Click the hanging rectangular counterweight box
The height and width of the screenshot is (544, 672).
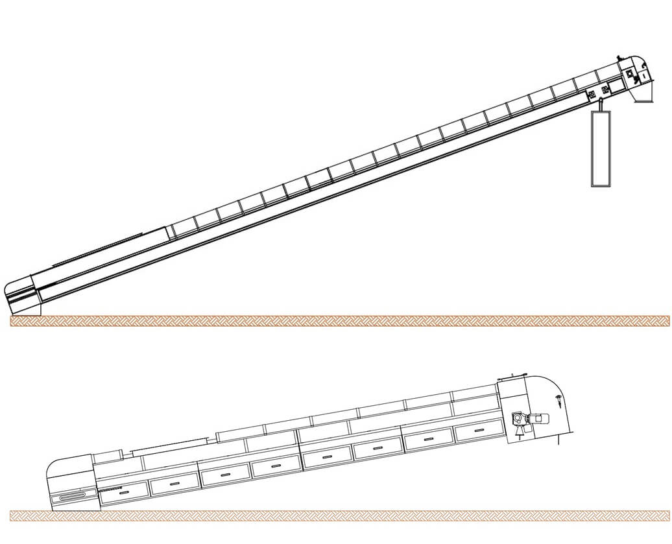coord(601,148)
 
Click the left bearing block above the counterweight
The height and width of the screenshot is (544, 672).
coord(592,95)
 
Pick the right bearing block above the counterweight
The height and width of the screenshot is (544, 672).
coord(605,89)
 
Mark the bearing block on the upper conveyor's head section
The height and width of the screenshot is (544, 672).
coord(629,75)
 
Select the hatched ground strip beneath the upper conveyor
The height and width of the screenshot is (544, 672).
coord(340,320)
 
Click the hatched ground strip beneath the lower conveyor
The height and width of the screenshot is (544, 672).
coord(340,515)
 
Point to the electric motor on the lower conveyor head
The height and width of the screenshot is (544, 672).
coord(538,420)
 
